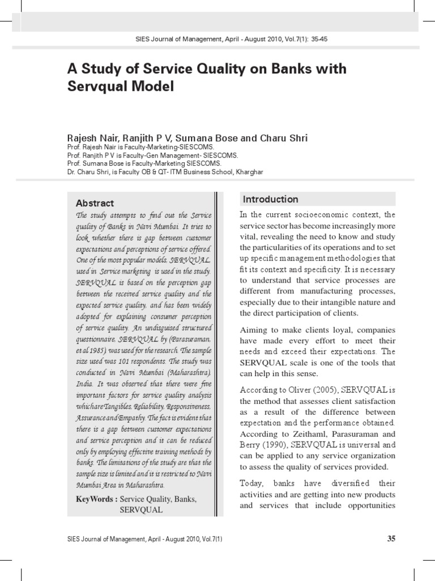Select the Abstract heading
(x=95, y=203)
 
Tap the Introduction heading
(x=270, y=199)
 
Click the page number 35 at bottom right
(x=391, y=539)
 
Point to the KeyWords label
(x=97, y=499)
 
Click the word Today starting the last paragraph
(x=253, y=483)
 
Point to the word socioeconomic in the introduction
(x=310, y=215)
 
